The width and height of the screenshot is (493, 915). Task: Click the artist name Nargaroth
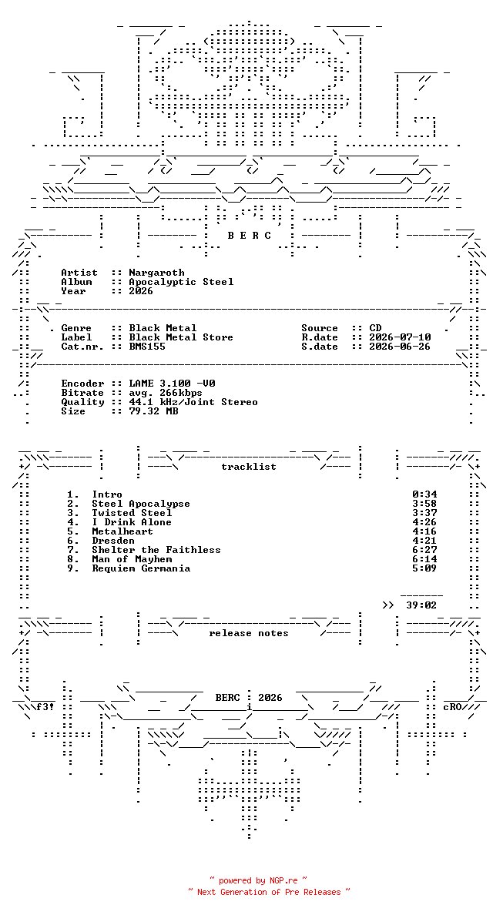point(156,273)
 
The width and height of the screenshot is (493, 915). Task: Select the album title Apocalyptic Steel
point(181,282)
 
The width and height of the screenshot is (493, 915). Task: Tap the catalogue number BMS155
point(147,347)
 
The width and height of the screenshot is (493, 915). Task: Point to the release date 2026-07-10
point(401,337)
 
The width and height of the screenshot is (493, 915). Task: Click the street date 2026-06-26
point(401,347)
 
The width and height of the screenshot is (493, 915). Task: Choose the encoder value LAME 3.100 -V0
point(172,384)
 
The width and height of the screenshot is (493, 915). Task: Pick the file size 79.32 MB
point(153,411)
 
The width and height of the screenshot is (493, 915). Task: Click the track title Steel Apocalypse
point(141,504)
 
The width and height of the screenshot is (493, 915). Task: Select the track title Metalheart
point(122,531)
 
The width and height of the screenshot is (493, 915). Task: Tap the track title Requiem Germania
point(141,568)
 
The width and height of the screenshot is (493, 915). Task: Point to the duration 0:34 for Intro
point(424,494)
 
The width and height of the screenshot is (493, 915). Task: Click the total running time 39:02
point(422,605)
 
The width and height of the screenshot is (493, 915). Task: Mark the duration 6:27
point(424,550)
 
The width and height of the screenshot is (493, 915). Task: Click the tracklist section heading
point(249,467)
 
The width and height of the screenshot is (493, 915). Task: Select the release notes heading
point(249,633)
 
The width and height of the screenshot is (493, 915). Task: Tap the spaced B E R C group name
point(249,236)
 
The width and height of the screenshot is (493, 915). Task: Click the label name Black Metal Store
point(181,337)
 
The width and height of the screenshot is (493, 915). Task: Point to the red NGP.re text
point(283,880)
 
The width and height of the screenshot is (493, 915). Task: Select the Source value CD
point(375,328)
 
